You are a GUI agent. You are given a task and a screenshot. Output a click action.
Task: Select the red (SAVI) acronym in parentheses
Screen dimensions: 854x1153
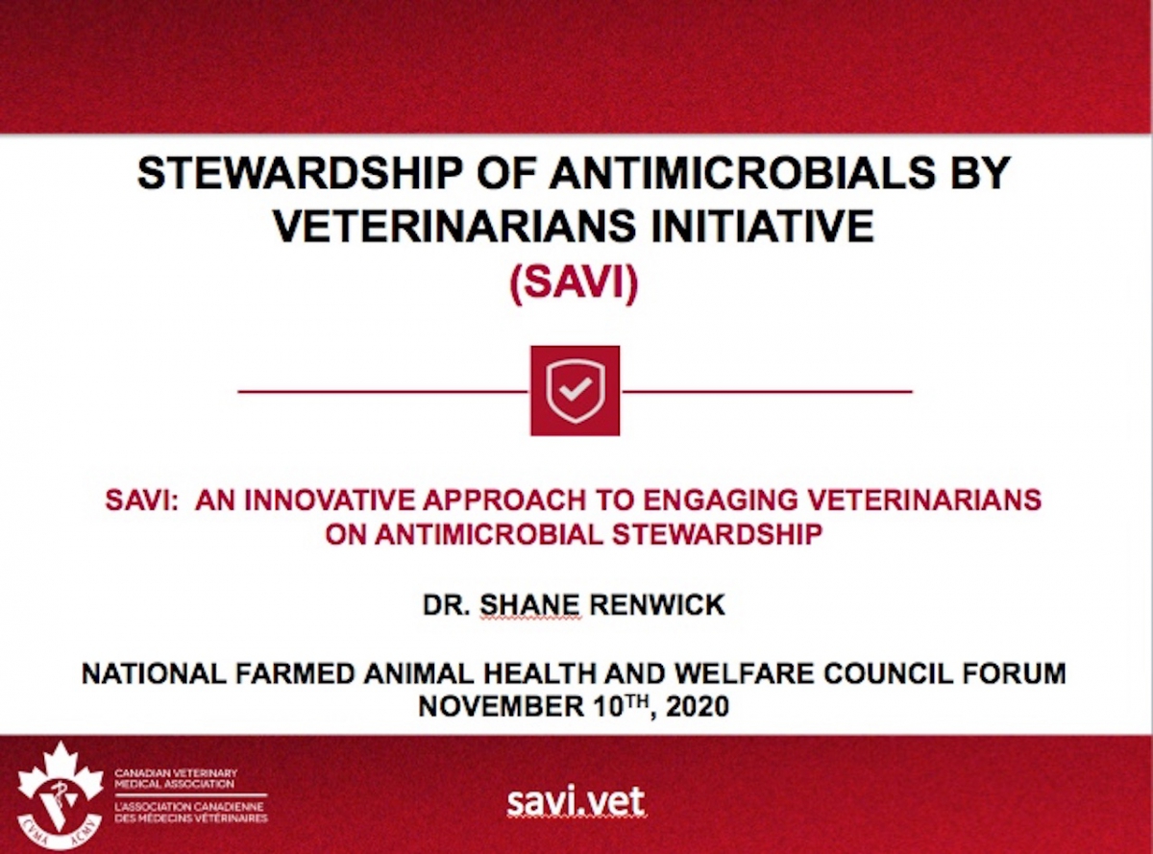[575, 285]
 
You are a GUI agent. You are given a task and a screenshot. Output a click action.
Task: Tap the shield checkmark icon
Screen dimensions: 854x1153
[575, 390]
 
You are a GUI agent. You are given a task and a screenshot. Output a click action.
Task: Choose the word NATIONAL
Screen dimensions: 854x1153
[150, 673]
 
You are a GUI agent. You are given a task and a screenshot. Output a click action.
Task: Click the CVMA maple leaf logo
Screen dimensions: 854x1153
[60, 794]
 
